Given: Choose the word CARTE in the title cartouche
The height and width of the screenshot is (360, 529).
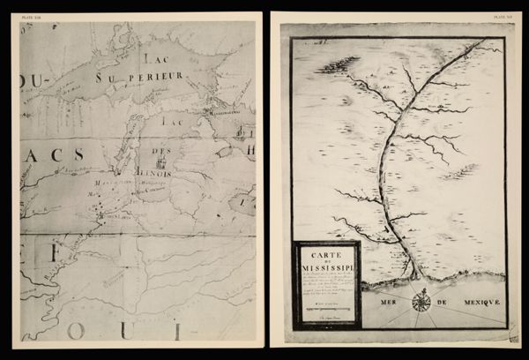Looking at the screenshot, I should (x=326, y=252).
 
